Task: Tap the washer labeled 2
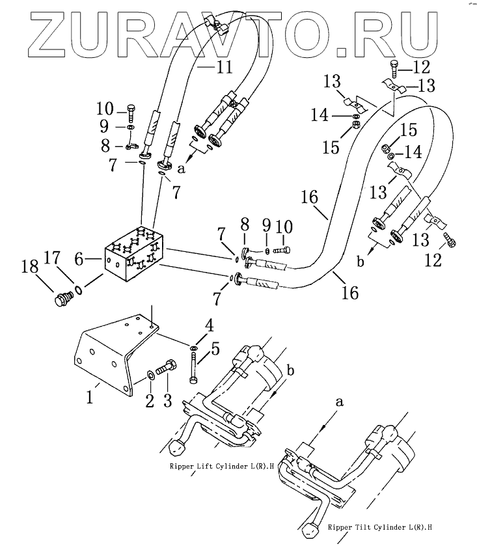[151, 374]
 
